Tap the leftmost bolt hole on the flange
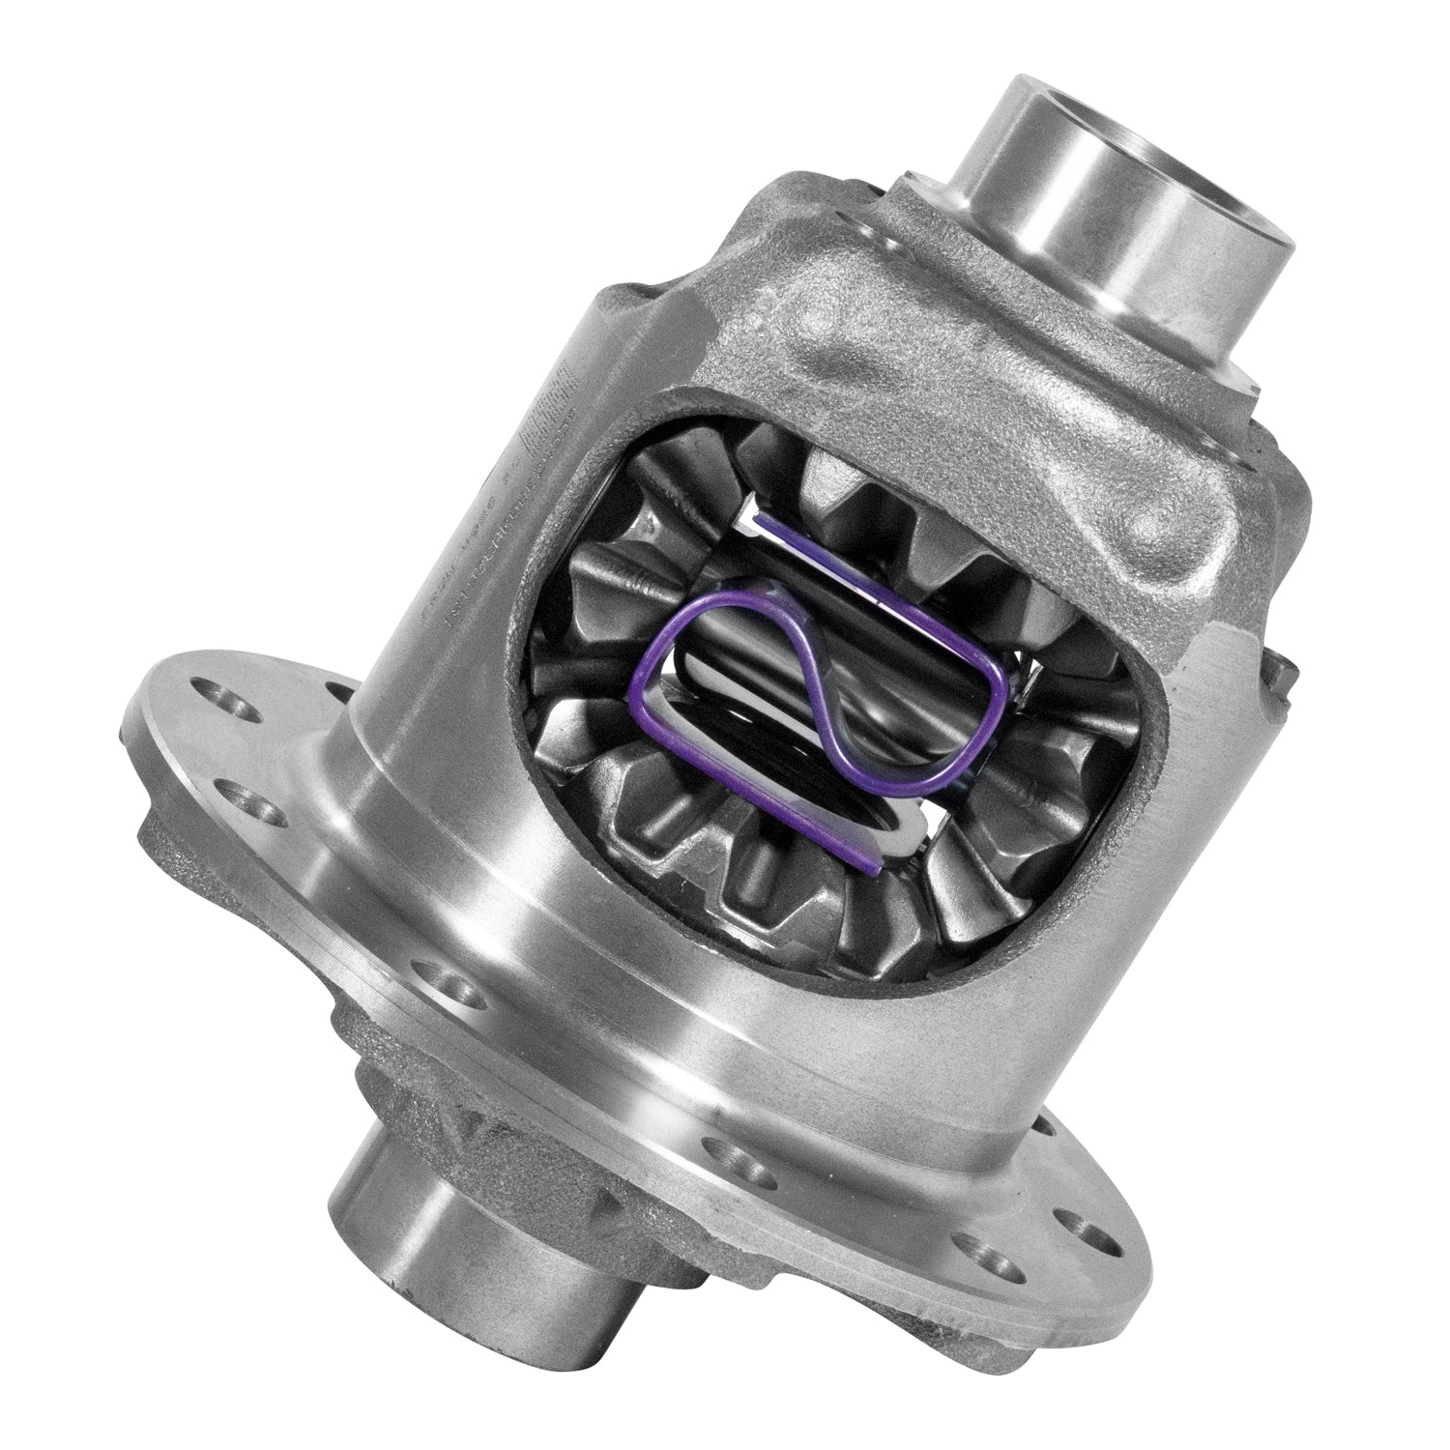click(208, 691)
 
